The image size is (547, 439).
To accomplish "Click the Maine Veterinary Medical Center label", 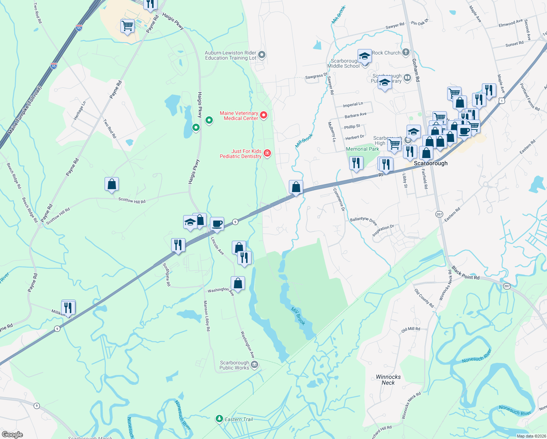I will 239,116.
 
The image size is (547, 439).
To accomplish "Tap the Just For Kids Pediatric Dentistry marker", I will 267,153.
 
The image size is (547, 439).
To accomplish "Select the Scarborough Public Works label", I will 234,365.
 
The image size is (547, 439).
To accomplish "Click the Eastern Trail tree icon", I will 219,419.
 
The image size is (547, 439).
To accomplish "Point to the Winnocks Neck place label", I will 388,380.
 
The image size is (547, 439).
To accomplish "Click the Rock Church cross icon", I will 405,53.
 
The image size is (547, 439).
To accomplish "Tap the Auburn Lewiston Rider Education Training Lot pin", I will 261,55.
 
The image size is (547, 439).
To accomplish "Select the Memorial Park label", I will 362,149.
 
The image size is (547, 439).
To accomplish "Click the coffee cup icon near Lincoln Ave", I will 217,223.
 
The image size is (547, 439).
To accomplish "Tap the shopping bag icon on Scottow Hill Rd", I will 112,184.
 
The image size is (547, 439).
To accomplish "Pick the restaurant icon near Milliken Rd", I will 68,307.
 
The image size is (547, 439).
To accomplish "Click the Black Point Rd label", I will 465,273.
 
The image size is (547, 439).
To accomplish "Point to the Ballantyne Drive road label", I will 363,221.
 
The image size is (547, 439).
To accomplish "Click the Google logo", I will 12,435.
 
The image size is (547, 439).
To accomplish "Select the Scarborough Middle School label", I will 344,64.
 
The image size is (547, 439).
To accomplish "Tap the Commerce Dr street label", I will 339,200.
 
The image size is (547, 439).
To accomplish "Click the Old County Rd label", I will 424,298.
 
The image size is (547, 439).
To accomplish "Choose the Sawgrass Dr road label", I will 316,76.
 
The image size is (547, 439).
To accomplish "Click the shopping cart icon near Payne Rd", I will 127,26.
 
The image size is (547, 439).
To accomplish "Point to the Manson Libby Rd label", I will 207,316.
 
